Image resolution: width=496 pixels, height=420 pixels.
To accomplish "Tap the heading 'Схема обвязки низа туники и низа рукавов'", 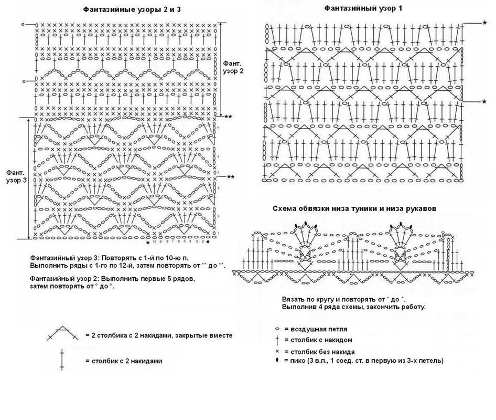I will pos(354,208).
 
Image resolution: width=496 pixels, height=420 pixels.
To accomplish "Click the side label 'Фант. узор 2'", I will pos(232,66).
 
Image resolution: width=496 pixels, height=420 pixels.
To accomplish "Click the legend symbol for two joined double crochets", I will pos(62,334).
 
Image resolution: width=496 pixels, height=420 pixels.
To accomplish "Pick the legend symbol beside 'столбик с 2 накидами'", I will pos(62,360).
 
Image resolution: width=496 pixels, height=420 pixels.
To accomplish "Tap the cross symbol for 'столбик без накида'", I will pos(276,351).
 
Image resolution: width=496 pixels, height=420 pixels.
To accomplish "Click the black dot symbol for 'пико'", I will pos(276,360).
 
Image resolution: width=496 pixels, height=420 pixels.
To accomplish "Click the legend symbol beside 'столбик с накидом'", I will pos(276,340).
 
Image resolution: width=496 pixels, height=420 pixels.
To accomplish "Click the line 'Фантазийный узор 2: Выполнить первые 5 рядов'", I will pos(112,278).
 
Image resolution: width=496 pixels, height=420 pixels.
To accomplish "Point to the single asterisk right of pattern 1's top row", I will pos(484,24).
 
